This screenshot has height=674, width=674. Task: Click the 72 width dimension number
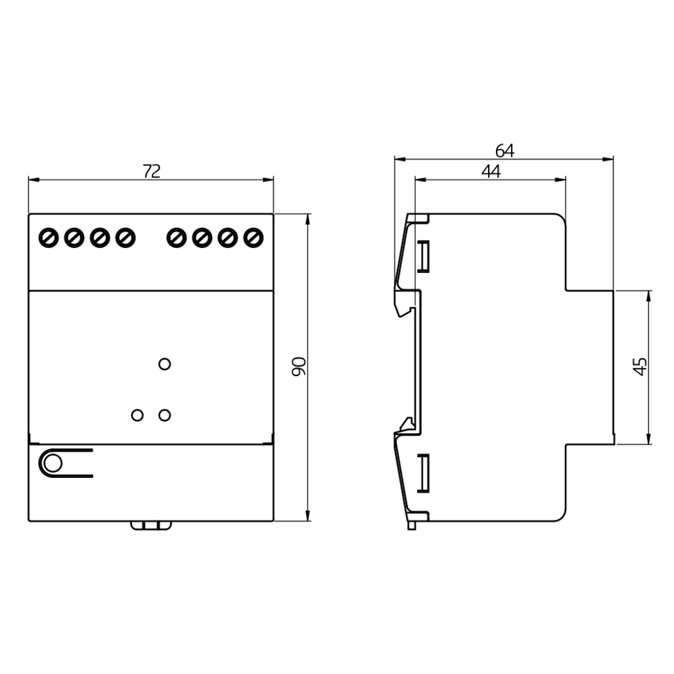(x=152, y=171)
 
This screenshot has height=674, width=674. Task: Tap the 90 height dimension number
(x=299, y=367)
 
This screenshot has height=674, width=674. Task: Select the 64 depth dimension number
(x=505, y=151)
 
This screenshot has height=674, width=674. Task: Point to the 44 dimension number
(x=491, y=171)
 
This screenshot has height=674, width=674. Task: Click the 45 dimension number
(x=640, y=367)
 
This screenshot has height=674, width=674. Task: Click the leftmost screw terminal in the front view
(x=49, y=238)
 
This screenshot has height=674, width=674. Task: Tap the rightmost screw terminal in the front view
(x=253, y=238)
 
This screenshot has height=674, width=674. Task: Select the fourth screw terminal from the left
(x=125, y=238)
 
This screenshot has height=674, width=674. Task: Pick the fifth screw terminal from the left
(x=176, y=238)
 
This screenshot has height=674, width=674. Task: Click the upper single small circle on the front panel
(x=164, y=364)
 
